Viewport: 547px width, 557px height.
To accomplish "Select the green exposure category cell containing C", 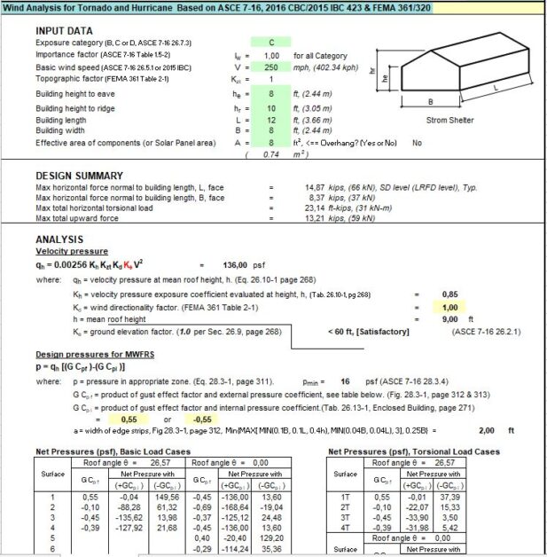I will coord(272,42).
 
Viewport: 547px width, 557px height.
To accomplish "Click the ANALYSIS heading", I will coord(59,239).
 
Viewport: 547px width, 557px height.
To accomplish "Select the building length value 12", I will coord(272,119).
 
